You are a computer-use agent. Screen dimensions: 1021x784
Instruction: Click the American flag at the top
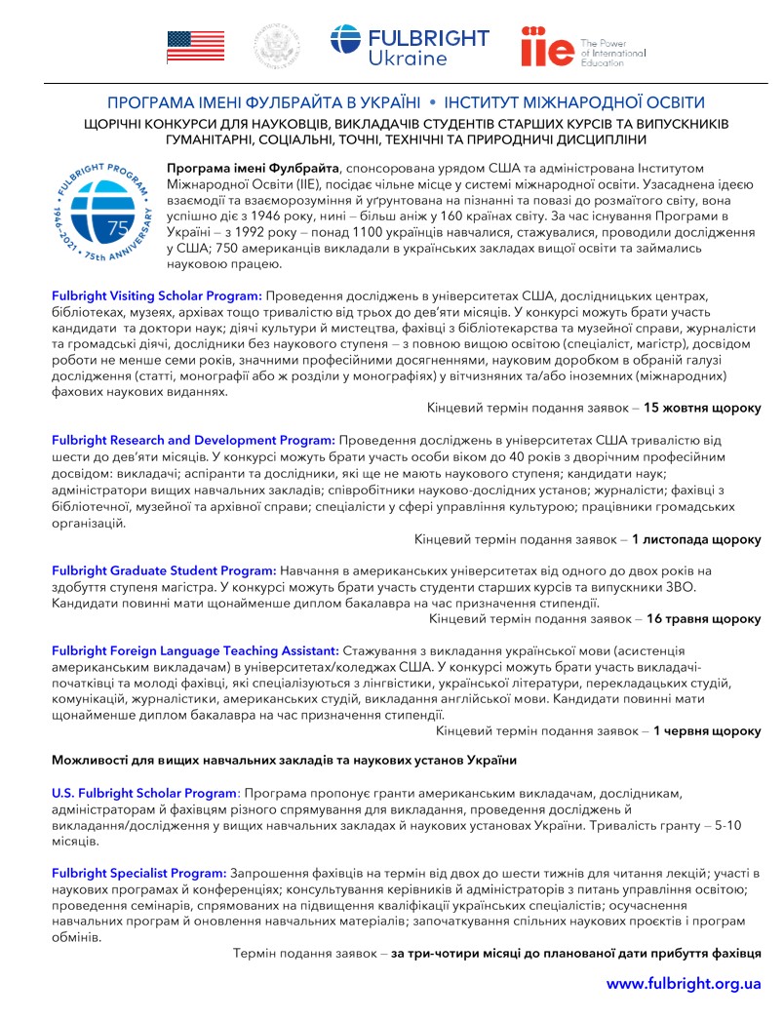(x=196, y=46)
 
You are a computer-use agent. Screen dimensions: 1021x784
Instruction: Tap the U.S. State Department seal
(x=278, y=46)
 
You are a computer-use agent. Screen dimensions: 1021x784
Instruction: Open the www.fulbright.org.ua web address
(x=684, y=983)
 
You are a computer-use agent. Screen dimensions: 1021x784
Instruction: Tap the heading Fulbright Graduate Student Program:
(x=164, y=569)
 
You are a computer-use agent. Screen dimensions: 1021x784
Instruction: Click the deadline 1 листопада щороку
(x=696, y=538)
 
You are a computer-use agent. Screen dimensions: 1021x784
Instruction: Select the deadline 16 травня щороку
(x=703, y=618)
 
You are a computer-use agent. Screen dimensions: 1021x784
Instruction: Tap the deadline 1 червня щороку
(x=707, y=729)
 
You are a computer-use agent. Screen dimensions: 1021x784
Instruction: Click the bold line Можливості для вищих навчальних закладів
(x=283, y=760)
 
